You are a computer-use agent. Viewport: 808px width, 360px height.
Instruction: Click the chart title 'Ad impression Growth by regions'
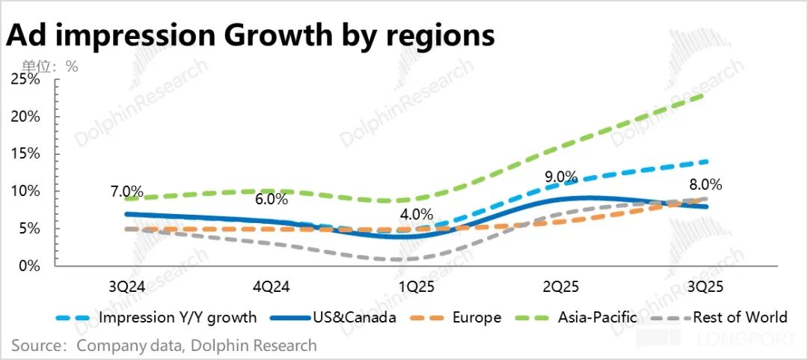[251, 34]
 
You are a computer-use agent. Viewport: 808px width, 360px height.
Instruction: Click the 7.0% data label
[126, 193]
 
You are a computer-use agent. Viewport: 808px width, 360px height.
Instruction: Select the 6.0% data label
[271, 199]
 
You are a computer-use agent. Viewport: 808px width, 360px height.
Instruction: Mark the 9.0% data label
[560, 177]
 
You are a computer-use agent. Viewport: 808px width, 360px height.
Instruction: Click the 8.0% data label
[705, 184]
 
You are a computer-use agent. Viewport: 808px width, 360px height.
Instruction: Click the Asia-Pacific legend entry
[597, 317]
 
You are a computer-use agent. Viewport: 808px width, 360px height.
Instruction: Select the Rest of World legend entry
[740, 317]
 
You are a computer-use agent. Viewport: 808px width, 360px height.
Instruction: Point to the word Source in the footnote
[36, 346]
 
